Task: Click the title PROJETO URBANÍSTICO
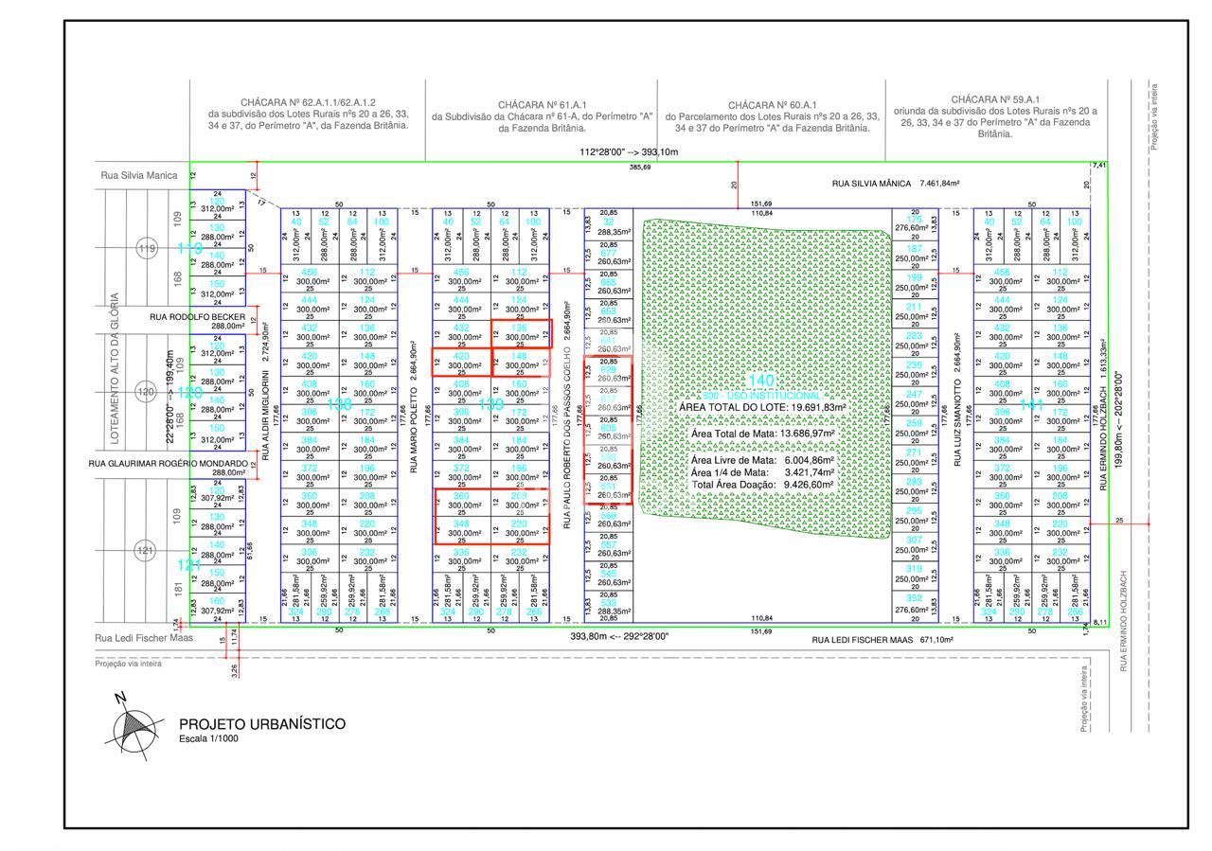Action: click(x=262, y=724)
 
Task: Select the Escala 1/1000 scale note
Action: click(x=208, y=738)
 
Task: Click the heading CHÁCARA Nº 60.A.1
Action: click(x=773, y=105)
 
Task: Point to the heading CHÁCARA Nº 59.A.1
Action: click(x=995, y=99)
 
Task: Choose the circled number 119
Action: click(x=146, y=249)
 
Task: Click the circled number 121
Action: click(x=146, y=550)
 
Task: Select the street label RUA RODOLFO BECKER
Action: click(x=197, y=317)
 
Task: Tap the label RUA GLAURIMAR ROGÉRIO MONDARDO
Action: click(x=169, y=464)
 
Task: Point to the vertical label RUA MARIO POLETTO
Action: click(x=414, y=421)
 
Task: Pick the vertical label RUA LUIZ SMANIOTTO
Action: click(x=958, y=421)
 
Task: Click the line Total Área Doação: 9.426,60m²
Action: click(x=762, y=485)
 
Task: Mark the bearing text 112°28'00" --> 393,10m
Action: click(x=629, y=152)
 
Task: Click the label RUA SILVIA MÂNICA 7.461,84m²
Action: click(x=895, y=184)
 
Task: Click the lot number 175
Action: click(x=914, y=220)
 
